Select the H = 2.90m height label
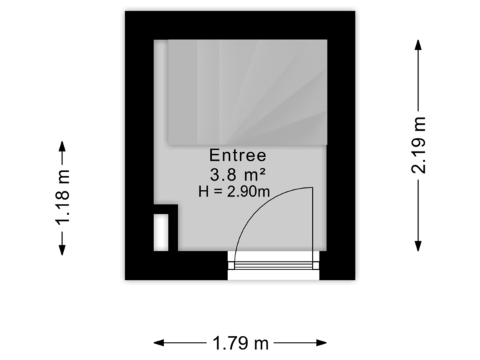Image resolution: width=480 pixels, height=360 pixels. (234, 193)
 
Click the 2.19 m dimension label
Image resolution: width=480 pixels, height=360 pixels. (419, 145)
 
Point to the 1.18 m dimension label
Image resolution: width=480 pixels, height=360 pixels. (62, 198)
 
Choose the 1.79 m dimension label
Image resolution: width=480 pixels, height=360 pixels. (241, 344)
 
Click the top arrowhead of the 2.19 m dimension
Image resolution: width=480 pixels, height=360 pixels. (419, 44)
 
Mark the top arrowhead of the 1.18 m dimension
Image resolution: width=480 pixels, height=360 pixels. (62, 146)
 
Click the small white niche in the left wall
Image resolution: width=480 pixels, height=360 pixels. (161, 232)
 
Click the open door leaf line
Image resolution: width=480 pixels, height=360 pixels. (313, 223)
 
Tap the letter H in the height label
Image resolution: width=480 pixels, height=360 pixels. (203, 193)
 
